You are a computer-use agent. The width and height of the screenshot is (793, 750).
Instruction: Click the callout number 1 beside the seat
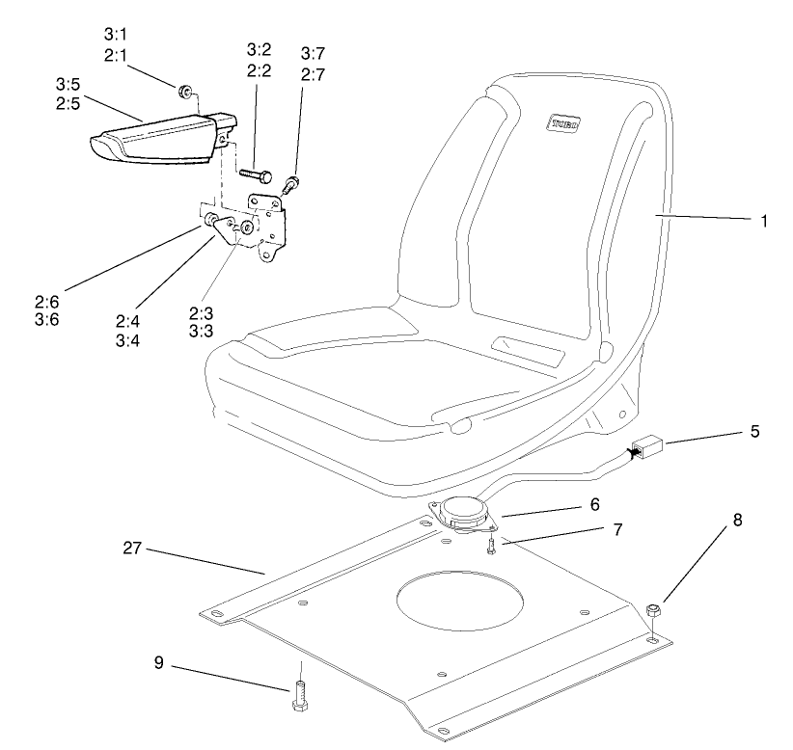pos(763,221)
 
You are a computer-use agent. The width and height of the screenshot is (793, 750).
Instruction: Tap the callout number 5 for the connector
pos(755,430)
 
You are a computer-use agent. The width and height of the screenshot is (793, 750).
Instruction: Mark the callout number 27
pos(133,549)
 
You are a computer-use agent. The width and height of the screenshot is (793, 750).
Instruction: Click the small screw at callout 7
pos(491,546)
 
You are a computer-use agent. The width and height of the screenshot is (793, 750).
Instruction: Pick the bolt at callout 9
pos(300,693)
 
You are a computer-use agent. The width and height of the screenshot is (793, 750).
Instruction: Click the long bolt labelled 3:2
pos(255,175)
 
